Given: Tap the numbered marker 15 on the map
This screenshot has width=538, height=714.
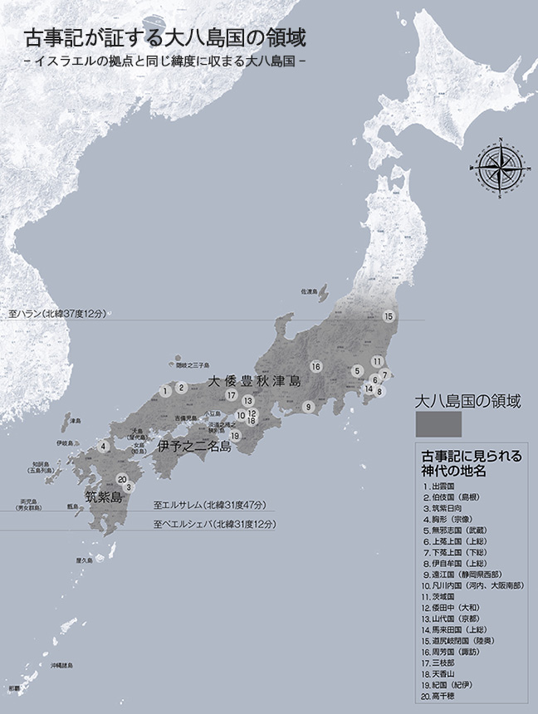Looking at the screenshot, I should pos(388,316).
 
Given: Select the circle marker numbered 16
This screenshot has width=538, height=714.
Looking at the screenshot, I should pos(315,366).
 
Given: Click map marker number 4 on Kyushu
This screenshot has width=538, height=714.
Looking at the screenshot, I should pos(103,446).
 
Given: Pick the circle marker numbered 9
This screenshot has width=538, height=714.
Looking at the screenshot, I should pos(307,407).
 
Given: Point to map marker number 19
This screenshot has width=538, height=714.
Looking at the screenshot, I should pos(235,435).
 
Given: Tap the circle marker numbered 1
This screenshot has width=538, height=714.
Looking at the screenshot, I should pos(166,389).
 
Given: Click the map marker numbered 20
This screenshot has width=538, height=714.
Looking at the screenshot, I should pos(122,479).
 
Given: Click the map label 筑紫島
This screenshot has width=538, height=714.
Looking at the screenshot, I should pos(104,497).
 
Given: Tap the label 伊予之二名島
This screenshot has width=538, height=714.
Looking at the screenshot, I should pos(193,447).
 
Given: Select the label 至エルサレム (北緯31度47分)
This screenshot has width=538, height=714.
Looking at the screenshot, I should pos(209,505).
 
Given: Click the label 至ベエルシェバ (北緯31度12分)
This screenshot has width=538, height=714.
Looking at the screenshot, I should pos(214,525).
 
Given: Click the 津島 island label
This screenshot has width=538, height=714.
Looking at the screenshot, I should pos(76,420).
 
